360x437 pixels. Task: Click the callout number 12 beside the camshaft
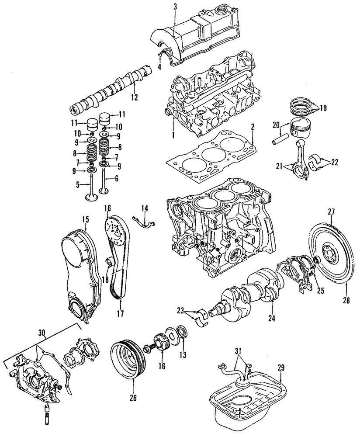[x=135, y=97]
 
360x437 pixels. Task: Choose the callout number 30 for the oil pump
[x=42, y=332]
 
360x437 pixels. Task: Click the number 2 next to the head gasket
[x=252, y=127]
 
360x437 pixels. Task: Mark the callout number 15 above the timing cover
[x=85, y=217]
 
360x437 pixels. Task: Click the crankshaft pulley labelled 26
[x=128, y=356]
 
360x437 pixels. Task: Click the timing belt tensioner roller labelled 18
[x=110, y=263]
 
